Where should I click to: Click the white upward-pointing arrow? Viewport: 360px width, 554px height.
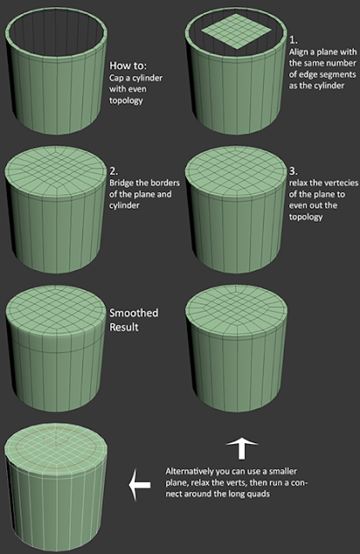coord(243,448)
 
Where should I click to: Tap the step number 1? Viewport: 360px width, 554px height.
coord(292,39)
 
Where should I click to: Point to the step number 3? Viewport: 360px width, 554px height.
coord(292,171)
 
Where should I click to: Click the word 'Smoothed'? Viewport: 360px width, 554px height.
coord(132,312)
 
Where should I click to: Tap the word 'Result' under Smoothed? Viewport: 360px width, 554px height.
coord(125,327)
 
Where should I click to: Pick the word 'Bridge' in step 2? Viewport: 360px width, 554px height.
coord(121,184)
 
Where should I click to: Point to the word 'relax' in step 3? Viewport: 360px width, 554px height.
coord(299,184)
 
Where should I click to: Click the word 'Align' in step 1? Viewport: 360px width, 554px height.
coord(299,52)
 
